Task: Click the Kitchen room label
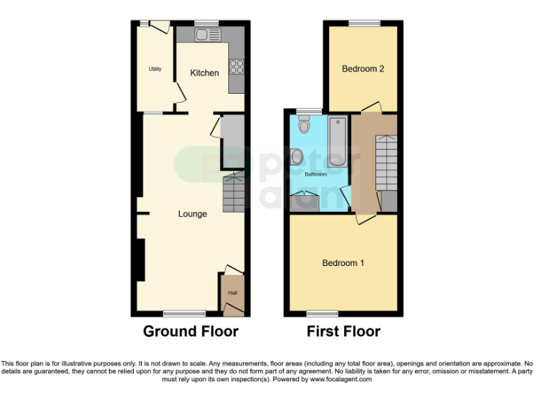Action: [205, 73]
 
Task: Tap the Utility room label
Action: [153, 69]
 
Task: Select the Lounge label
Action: [192, 214]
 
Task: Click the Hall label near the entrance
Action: [233, 293]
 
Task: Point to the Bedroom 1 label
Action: [343, 263]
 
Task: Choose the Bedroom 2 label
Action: [363, 69]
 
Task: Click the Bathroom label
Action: [315, 174]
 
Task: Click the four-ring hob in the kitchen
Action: [236, 67]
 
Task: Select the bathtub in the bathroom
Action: [338, 140]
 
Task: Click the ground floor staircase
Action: [232, 193]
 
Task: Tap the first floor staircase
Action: [387, 162]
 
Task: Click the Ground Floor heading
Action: [191, 331]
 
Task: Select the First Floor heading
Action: [344, 331]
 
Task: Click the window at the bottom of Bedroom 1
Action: [322, 313]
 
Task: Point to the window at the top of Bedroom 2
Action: [364, 23]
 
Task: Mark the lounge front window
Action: [184, 313]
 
